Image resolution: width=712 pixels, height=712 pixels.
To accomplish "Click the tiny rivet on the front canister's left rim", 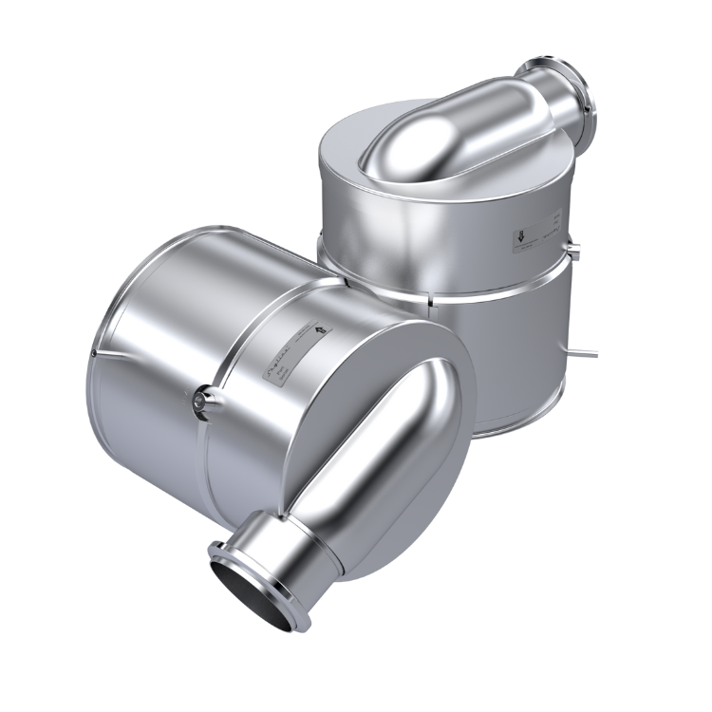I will [x=97, y=354].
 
